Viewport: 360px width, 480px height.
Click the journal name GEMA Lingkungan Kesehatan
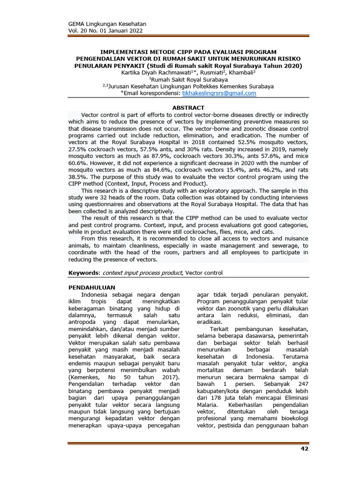107,23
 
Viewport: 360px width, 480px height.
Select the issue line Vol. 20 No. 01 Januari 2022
106,30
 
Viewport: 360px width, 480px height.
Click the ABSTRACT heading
188,108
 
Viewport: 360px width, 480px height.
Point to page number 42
304,450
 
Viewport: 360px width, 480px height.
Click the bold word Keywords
84,273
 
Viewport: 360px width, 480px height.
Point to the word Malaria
207,404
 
